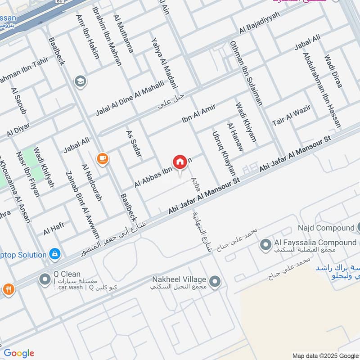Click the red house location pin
tap(180, 162)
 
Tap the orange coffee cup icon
tap(103, 158)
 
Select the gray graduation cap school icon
tap(81, 81)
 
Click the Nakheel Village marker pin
tap(215, 282)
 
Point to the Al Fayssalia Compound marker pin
tap(265, 245)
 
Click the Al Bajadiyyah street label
tap(260, 23)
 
